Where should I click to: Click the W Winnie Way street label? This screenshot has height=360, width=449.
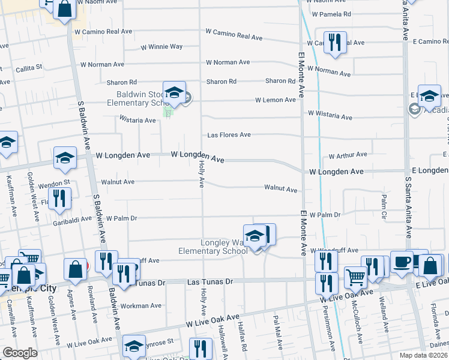(x=161, y=47)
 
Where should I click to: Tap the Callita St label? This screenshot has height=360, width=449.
(x=29, y=68)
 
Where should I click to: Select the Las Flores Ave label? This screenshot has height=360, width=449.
(x=229, y=135)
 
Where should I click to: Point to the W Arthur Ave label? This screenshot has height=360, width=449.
(x=348, y=155)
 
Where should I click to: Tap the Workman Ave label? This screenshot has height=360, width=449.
(x=141, y=305)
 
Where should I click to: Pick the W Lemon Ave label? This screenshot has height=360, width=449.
(x=276, y=100)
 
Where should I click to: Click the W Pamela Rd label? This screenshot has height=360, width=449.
(x=331, y=14)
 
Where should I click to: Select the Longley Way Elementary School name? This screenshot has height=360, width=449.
(x=213, y=247)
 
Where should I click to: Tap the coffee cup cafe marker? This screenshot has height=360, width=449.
(x=402, y=261)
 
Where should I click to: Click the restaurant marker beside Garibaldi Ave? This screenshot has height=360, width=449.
(x=59, y=198)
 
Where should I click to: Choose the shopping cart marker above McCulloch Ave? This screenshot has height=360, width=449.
(x=356, y=277)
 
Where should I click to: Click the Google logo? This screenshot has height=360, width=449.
(x=20, y=352)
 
